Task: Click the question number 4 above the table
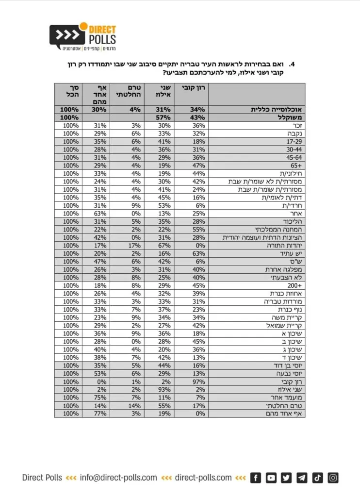point(293,64)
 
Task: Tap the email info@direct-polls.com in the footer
point(118,478)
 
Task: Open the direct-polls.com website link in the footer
point(203,478)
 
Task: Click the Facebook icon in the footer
point(256,478)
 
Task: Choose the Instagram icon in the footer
point(333,478)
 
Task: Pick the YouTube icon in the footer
point(271,478)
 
